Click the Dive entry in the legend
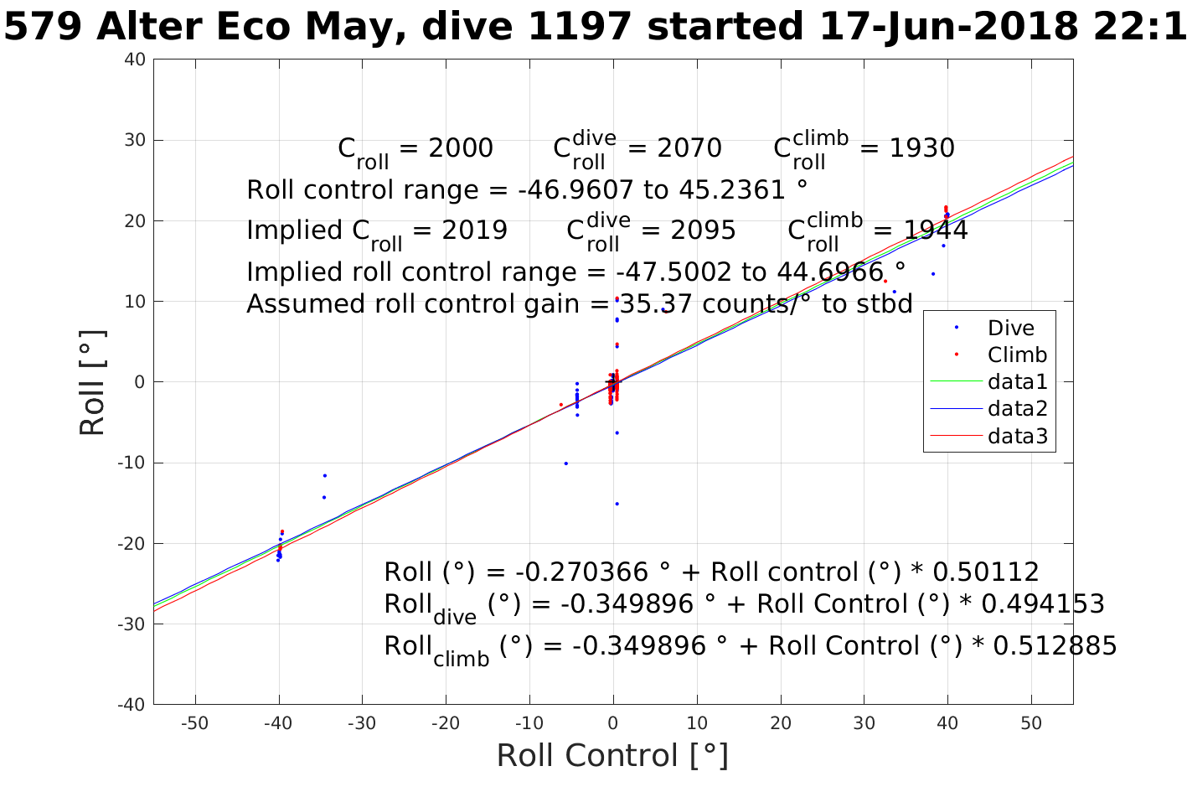tap(1010, 329)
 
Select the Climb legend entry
tap(1017, 355)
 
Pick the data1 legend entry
tap(1017, 382)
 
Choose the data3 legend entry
tap(1017, 436)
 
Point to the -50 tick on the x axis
tap(194, 723)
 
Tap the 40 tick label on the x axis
tap(947, 723)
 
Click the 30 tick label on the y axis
tap(135, 140)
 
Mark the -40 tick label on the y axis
tap(132, 705)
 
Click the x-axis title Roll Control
tap(612, 756)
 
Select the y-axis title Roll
tap(93, 382)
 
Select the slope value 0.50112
tap(985, 572)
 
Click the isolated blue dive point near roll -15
tap(617, 504)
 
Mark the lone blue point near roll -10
tap(565, 463)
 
